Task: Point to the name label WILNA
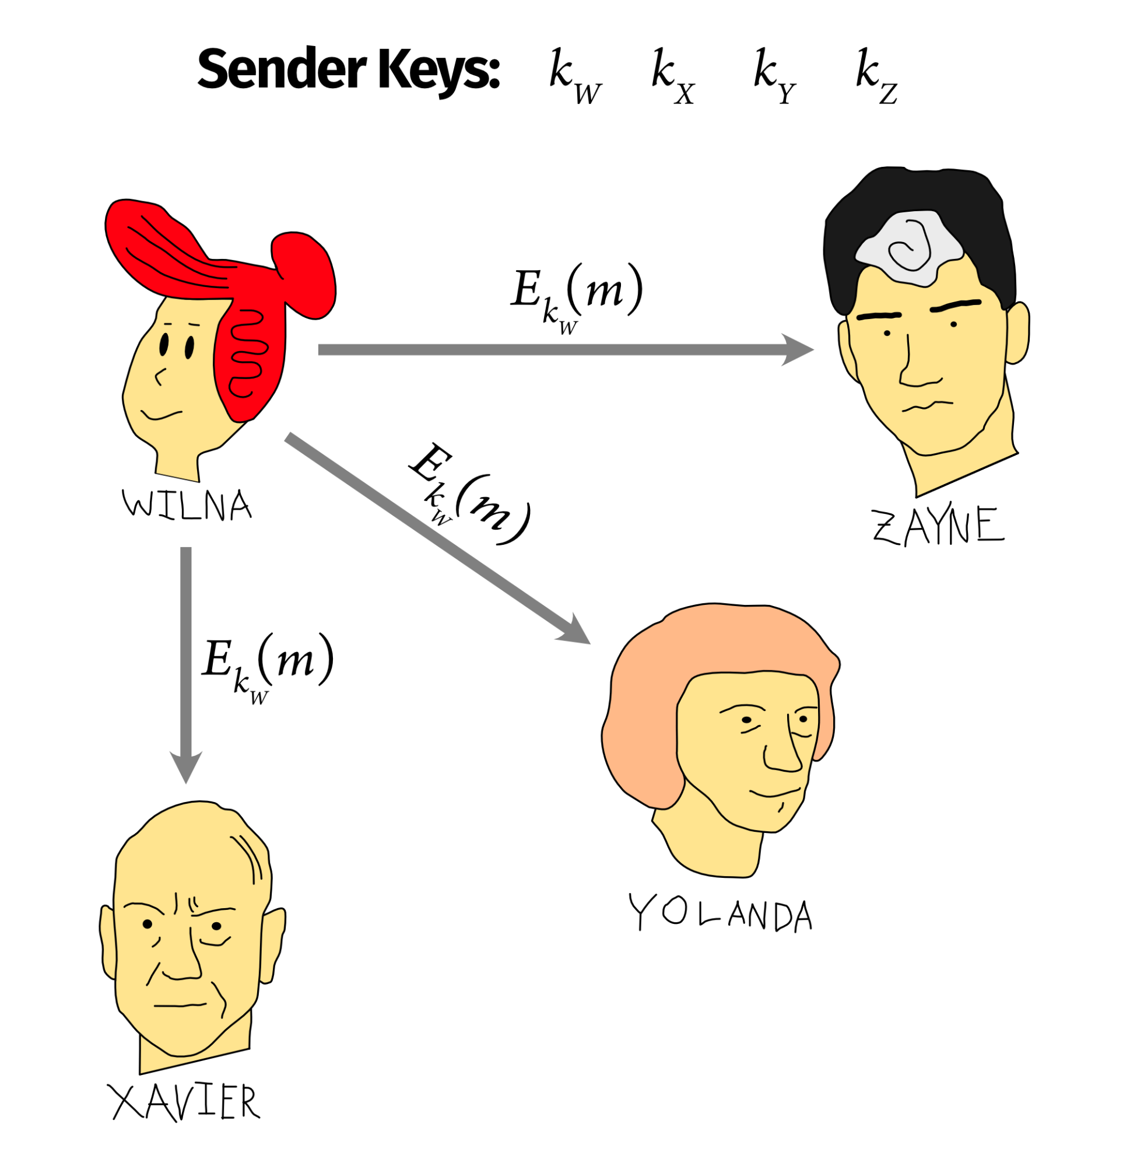coord(187,506)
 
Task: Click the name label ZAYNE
coord(938,526)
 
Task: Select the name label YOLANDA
coord(720,914)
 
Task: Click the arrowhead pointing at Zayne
coord(797,350)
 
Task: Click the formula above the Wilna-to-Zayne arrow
coord(575,297)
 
